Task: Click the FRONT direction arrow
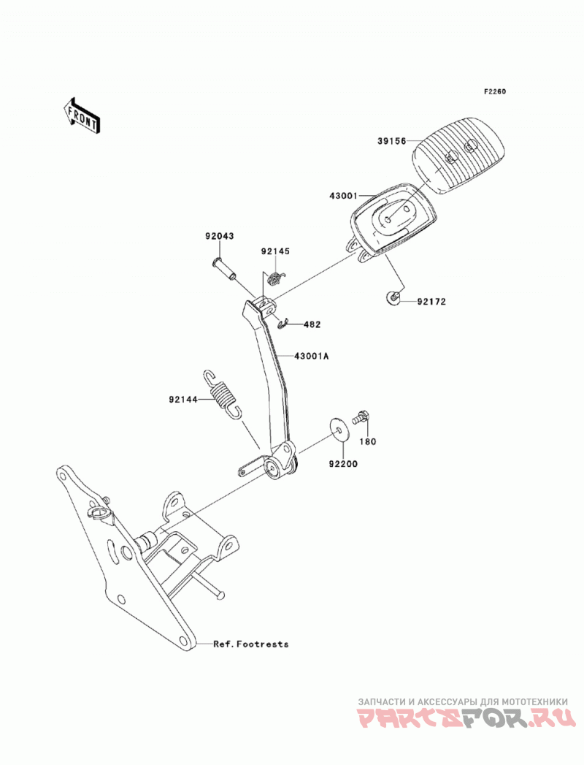pyautogui.click(x=82, y=115)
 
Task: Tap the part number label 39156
pyautogui.click(x=391, y=141)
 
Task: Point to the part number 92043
pyautogui.click(x=219, y=236)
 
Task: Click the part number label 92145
pyautogui.click(x=275, y=251)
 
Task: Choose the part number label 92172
pyautogui.click(x=431, y=302)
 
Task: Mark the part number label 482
pyautogui.click(x=312, y=324)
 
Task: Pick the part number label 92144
pyautogui.click(x=183, y=400)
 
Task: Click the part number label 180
pyautogui.click(x=368, y=441)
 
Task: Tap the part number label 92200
pyautogui.click(x=342, y=464)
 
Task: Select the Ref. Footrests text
pyautogui.click(x=251, y=644)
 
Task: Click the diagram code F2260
pyautogui.click(x=495, y=91)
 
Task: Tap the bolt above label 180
pyautogui.click(x=361, y=417)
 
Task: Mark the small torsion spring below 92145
pyautogui.click(x=276, y=278)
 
